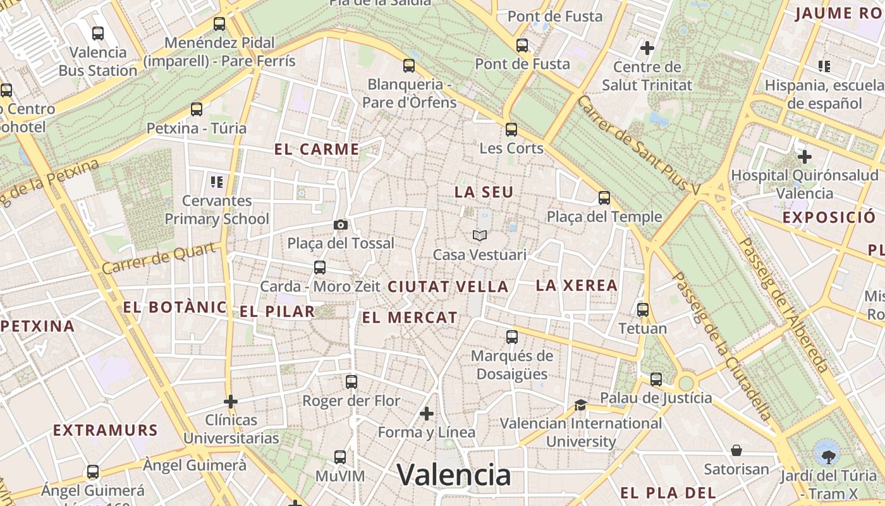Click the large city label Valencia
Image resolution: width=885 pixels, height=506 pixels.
pos(454,474)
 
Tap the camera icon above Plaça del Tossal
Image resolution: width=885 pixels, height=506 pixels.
pos(340,225)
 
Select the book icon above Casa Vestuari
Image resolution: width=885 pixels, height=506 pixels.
pos(480,236)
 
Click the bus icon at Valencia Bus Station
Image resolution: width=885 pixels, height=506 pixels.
pos(98,33)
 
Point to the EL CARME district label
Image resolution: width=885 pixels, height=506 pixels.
pos(317,150)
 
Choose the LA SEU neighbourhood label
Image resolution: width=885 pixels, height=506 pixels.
pos(484,192)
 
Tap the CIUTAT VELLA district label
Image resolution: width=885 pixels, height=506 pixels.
pos(448,287)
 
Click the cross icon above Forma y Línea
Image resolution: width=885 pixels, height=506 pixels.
pos(427,414)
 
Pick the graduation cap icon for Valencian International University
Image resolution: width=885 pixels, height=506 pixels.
pos(580,405)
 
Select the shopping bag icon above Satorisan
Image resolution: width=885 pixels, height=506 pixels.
pos(736,450)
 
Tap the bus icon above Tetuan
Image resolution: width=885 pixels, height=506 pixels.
pos(643,310)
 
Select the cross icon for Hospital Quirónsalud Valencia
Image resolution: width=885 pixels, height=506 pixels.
pos(804,156)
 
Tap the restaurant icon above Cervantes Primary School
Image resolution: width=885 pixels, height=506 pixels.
pos(217,183)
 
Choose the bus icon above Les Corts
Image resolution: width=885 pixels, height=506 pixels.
pos(511,130)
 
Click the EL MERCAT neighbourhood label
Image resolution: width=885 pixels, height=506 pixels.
pos(410,318)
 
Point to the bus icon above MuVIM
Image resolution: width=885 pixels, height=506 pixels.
pos(340,457)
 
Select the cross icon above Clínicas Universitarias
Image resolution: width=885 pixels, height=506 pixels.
pos(231,401)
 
